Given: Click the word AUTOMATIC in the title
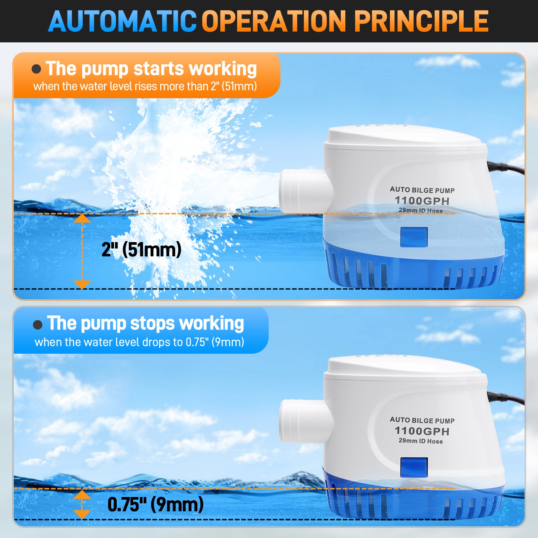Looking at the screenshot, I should coord(122,22).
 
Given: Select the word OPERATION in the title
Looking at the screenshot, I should coord(274,22).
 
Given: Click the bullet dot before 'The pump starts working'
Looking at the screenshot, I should coord(36,69).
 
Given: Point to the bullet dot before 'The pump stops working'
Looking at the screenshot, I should coord(38,324).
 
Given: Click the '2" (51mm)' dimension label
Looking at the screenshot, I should coord(141,249).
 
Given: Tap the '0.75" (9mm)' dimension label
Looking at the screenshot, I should coord(155,504).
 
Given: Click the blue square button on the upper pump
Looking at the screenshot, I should coord(414,237).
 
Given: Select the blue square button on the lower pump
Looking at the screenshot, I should coord(414,467).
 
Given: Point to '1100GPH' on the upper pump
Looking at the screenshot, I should coord(422,201).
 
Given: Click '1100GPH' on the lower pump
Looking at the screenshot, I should coord(422,431).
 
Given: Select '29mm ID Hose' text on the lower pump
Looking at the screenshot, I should coord(421,441).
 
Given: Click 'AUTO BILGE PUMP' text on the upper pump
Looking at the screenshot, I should coord(422,190).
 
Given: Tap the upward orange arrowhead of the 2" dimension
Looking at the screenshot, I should coord(82,219).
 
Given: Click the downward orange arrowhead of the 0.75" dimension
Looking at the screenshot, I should coord(82,514).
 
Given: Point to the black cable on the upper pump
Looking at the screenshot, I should coord(508,167).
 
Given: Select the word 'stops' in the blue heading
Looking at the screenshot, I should coord(152,324).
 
